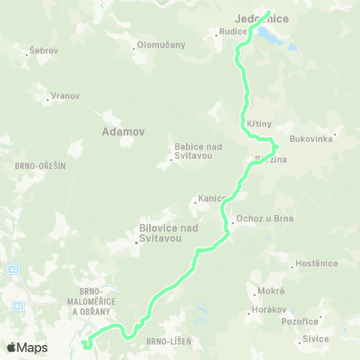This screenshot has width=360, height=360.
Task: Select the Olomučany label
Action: (160, 46)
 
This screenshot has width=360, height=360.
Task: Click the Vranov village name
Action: (64, 97)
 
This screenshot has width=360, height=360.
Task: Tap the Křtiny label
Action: (259, 122)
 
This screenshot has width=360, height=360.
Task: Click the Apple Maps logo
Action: (27, 347)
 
